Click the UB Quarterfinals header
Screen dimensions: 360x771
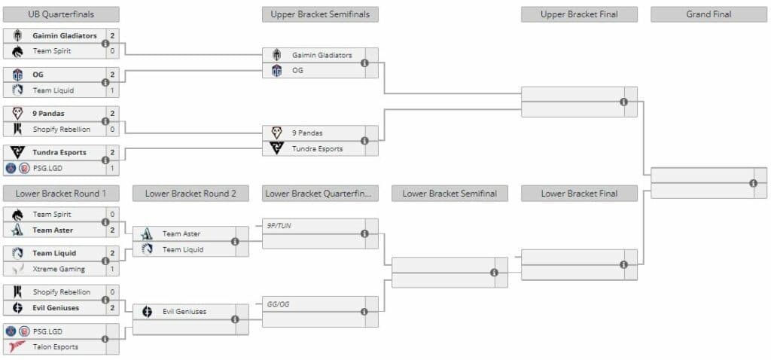[61, 14]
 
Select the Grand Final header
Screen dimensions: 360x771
[709, 14]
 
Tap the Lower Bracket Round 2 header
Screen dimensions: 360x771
[190, 194]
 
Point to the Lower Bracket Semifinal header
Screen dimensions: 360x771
[449, 194]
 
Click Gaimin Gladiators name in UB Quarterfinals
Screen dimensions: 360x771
[65, 35]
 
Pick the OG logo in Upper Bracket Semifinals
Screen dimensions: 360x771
[276, 71]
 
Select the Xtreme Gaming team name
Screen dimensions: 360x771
[59, 269]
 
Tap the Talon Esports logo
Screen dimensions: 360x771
[17, 346]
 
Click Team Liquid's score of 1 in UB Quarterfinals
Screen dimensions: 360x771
[112, 90]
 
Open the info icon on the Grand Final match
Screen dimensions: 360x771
[753, 183]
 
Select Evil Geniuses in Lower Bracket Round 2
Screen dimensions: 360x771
[184, 311]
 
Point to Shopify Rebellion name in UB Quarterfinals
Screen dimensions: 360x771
[62, 129]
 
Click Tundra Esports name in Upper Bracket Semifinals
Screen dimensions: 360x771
[317, 148]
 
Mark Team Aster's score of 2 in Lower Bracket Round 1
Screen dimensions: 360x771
[112, 230]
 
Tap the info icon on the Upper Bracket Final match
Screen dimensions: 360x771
[623, 102]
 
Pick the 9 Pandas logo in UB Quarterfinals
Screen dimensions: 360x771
[17, 114]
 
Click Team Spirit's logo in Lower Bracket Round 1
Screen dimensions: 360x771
[17, 215]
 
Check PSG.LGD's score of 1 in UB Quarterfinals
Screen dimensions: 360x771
[112, 168]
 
